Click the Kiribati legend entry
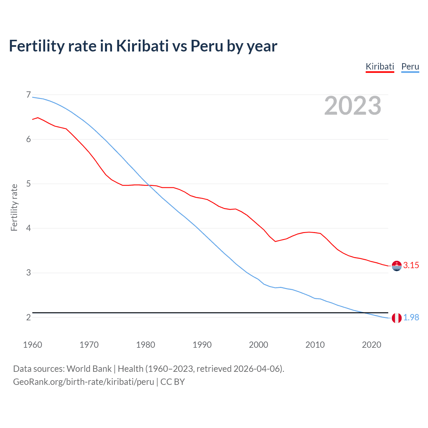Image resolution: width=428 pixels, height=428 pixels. pos(380,67)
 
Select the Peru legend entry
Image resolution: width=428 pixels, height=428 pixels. pos(410,67)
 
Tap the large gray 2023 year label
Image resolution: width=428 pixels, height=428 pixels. pos(353,106)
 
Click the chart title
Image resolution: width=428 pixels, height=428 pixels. pos(143,46)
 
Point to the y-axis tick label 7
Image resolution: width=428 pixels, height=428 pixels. pos(28,95)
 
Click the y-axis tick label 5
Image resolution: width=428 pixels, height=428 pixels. pos(28,184)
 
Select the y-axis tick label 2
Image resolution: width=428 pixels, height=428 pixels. pos(28,317)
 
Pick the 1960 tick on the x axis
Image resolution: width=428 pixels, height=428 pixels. pos(32,345)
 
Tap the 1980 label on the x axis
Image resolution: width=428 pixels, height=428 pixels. pos(145,345)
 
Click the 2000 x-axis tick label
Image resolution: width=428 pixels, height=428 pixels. pos(258,345)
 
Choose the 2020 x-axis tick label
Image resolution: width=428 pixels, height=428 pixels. pos(371,345)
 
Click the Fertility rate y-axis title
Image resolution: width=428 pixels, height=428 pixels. pos(14,207)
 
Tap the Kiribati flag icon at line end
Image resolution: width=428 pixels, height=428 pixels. pos(397,266)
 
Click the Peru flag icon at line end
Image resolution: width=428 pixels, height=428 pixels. pos(397,318)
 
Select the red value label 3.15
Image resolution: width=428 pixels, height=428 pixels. pos(411,265)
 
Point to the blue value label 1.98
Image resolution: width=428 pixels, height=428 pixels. pos(411,318)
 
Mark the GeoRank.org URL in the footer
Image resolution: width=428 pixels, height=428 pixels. pos(84,382)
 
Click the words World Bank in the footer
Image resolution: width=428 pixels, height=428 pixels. pos(89,369)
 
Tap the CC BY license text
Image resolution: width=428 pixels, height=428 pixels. pos(173,382)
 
